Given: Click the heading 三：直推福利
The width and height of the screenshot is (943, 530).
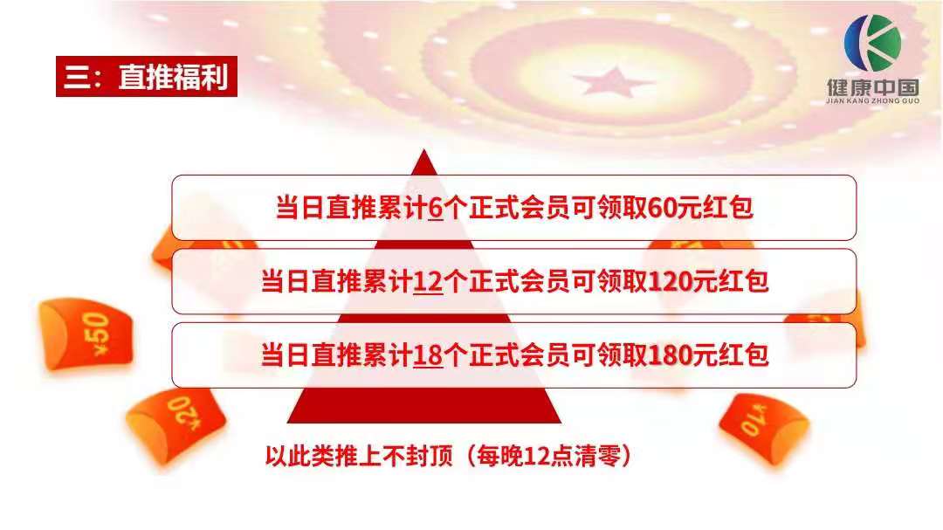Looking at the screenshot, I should (147, 78).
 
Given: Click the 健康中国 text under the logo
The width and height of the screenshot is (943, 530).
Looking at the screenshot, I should (872, 88).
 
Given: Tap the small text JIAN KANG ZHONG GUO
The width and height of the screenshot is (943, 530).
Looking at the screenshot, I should (872, 101).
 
